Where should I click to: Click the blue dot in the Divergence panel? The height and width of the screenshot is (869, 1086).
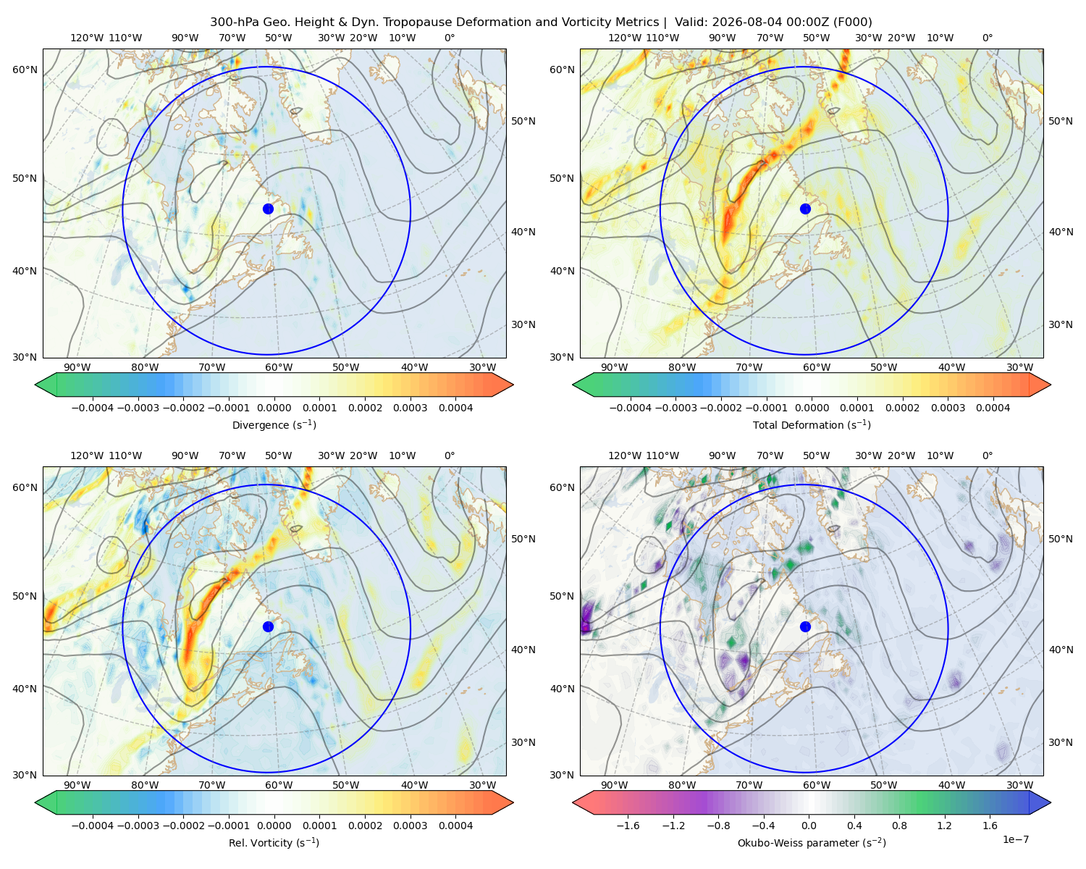[x=268, y=209]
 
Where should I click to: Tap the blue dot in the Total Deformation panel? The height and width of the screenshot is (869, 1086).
[x=805, y=209]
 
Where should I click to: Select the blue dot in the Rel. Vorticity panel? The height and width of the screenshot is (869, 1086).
[x=268, y=626]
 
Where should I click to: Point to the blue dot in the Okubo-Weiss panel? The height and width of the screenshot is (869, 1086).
[x=805, y=626]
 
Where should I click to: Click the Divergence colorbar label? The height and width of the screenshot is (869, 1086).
[x=274, y=424]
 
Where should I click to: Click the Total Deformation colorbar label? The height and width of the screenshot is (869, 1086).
[x=812, y=424]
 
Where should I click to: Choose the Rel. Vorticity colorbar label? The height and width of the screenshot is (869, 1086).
[x=274, y=843]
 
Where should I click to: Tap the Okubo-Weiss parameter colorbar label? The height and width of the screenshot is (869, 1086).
[x=812, y=843]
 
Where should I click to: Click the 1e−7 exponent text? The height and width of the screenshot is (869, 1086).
[x=1015, y=839]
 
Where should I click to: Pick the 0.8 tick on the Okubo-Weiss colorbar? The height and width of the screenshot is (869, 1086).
[x=899, y=825]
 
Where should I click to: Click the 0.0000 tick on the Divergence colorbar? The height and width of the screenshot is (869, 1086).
[x=274, y=408]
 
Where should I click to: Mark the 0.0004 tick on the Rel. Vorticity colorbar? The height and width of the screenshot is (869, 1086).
[x=455, y=825]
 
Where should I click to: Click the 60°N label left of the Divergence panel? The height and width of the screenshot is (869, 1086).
[x=25, y=70]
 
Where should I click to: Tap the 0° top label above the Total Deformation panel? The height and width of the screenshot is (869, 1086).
[x=987, y=38]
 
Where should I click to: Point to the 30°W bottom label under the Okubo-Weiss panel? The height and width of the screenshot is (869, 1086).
[x=1019, y=785]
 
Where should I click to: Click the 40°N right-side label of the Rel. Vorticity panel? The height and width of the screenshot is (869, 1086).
[x=523, y=650]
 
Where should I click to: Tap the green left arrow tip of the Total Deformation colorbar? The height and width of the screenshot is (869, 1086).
[x=573, y=385]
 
